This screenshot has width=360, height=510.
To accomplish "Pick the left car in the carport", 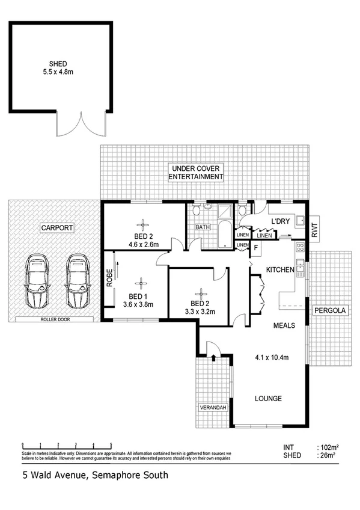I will (x=37, y=281).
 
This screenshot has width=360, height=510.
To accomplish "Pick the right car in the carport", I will (x=78, y=281).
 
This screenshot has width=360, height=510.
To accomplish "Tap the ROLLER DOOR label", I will (x=55, y=320).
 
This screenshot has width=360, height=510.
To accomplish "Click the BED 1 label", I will (x=138, y=296).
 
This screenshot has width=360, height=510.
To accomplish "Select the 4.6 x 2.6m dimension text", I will (x=143, y=245).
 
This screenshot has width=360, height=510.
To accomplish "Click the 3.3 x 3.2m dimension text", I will (x=198, y=311).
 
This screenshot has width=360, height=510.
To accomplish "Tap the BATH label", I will (x=203, y=227).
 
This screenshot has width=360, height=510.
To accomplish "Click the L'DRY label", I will (x=280, y=222).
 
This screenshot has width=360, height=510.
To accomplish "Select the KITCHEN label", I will (x=280, y=270).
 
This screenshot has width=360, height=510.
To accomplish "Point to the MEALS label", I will (x=283, y=325).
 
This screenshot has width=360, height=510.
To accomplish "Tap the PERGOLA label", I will (x=329, y=311).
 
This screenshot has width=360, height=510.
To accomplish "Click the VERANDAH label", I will (x=213, y=408).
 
